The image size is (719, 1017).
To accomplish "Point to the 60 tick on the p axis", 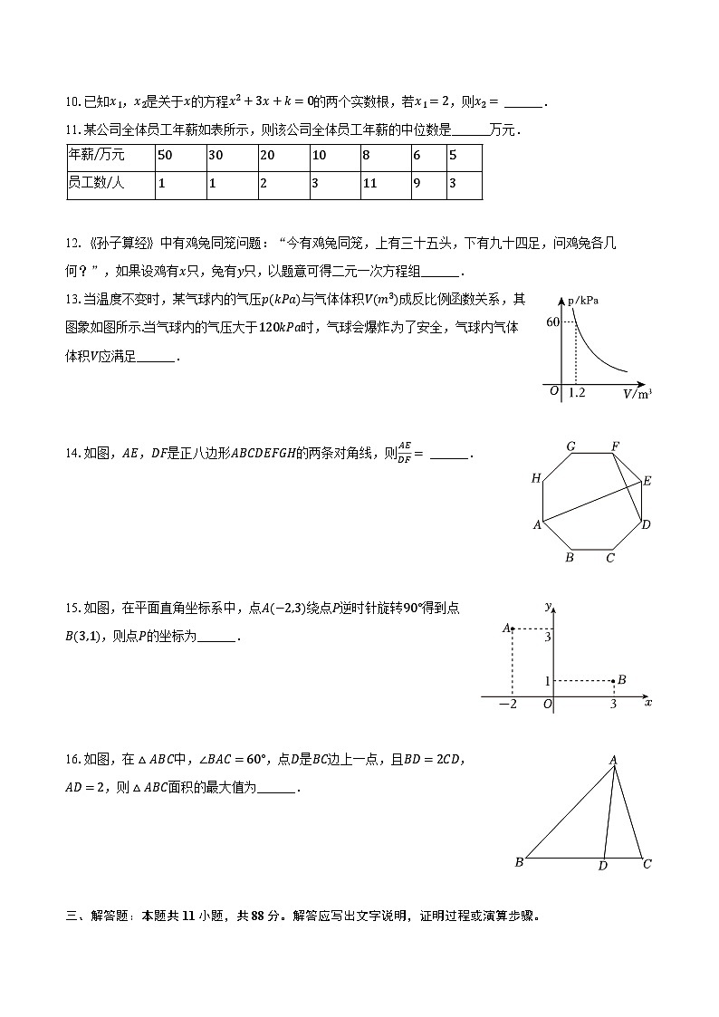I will [x=552, y=322].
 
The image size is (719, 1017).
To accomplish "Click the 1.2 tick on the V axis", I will [x=576, y=393].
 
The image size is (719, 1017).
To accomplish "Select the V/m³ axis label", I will [x=638, y=394].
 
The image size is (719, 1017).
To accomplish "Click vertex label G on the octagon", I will [x=571, y=446].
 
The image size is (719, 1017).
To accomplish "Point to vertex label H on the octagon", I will [x=536, y=478].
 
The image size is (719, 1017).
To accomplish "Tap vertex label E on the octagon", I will [x=647, y=481].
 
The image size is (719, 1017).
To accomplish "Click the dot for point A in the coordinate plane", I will [x=513, y=628].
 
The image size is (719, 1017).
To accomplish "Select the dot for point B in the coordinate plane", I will [x=613, y=680].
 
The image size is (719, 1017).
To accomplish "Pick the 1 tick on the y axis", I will [x=547, y=680].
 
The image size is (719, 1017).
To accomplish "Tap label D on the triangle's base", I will [x=602, y=867].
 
